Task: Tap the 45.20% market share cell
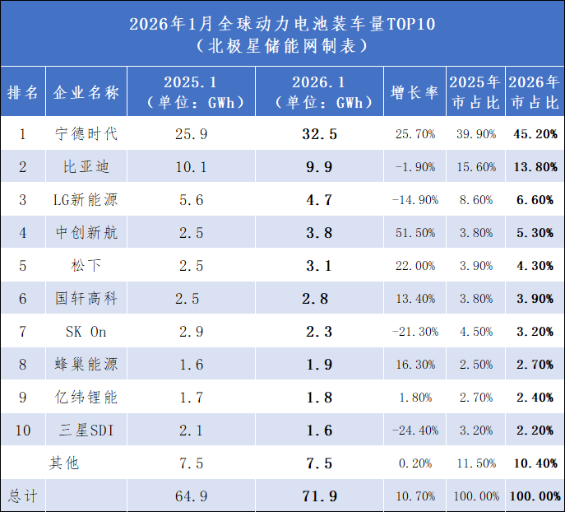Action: click(535, 133)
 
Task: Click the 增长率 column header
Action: click(415, 92)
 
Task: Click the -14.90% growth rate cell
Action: click(415, 200)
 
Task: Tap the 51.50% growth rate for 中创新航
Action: click(415, 233)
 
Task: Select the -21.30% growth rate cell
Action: click(415, 332)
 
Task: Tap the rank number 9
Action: click(23, 398)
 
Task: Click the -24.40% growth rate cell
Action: click(415, 431)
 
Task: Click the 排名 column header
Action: click(23, 92)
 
